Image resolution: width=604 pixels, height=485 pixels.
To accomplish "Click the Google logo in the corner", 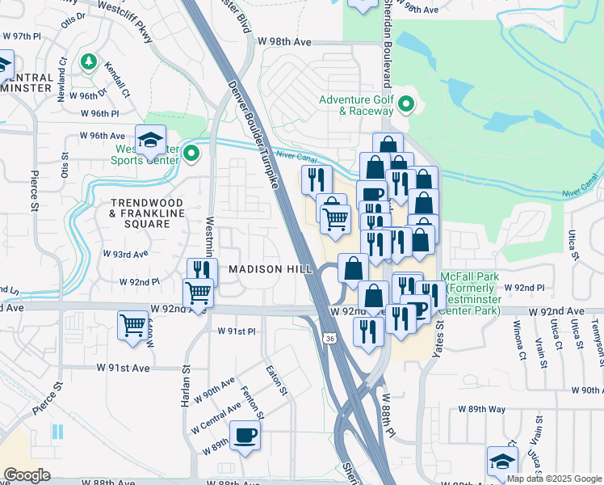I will [x=26, y=475].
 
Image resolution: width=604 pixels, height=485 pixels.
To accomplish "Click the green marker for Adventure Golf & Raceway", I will [x=407, y=104].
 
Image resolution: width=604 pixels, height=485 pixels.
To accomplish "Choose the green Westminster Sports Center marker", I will [x=191, y=152].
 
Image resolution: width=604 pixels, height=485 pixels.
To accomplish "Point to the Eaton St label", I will [x=277, y=378].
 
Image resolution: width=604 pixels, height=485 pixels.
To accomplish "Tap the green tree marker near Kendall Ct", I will [x=88, y=61].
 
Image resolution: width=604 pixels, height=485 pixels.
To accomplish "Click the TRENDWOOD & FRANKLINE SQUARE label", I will [x=147, y=208].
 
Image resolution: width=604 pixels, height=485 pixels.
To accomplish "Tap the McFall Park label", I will [x=472, y=293].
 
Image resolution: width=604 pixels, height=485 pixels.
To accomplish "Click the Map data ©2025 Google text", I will [x=554, y=479].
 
